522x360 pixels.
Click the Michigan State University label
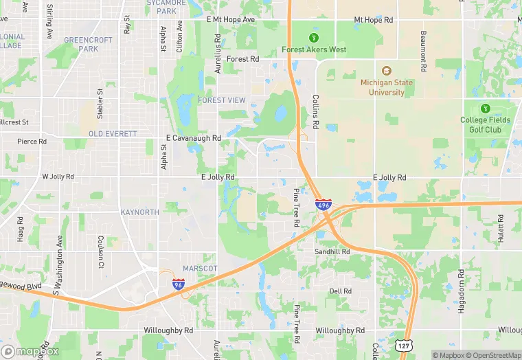387,87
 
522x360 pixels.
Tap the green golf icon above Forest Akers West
314,37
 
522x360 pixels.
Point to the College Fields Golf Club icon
486,108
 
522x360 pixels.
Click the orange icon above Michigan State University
386,70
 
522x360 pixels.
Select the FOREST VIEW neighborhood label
221,100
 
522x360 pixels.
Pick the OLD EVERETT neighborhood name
113,133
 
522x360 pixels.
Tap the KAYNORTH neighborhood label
139,212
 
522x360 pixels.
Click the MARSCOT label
200,268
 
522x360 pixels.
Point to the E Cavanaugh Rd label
194,138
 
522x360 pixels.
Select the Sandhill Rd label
332,252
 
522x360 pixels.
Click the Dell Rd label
340,291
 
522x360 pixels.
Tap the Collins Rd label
316,111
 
